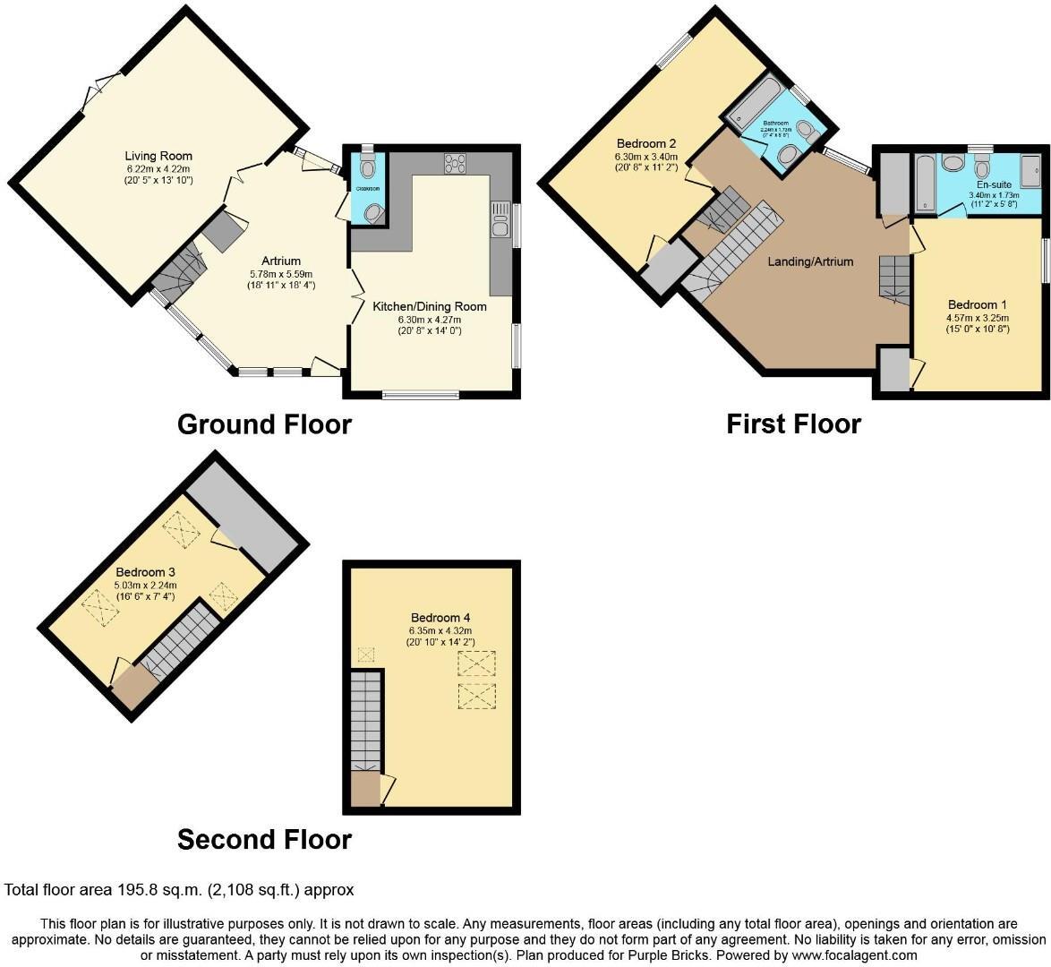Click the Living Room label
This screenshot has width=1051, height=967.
(x=158, y=156)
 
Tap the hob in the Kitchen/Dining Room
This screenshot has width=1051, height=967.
(x=455, y=163)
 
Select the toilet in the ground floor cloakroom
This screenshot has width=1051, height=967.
(x=367, y=167)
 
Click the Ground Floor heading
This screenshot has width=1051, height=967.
(x=264, y=424)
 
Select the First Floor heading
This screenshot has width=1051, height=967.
(x=793, y=424)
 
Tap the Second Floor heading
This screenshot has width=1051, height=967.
(x=264, y=839)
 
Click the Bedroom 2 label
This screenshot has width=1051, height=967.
(x=645, y=143)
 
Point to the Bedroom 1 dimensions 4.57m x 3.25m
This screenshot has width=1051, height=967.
(x=978, y=317)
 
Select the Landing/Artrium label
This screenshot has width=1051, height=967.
(x=810, y=261)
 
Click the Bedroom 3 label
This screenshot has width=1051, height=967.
(x=146, y=571)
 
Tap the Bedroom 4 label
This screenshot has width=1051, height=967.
(x=440, y=618)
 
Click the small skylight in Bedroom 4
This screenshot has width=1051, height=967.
(x=365, y=655)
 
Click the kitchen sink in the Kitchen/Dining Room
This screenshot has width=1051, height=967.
(x=500, y=223)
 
